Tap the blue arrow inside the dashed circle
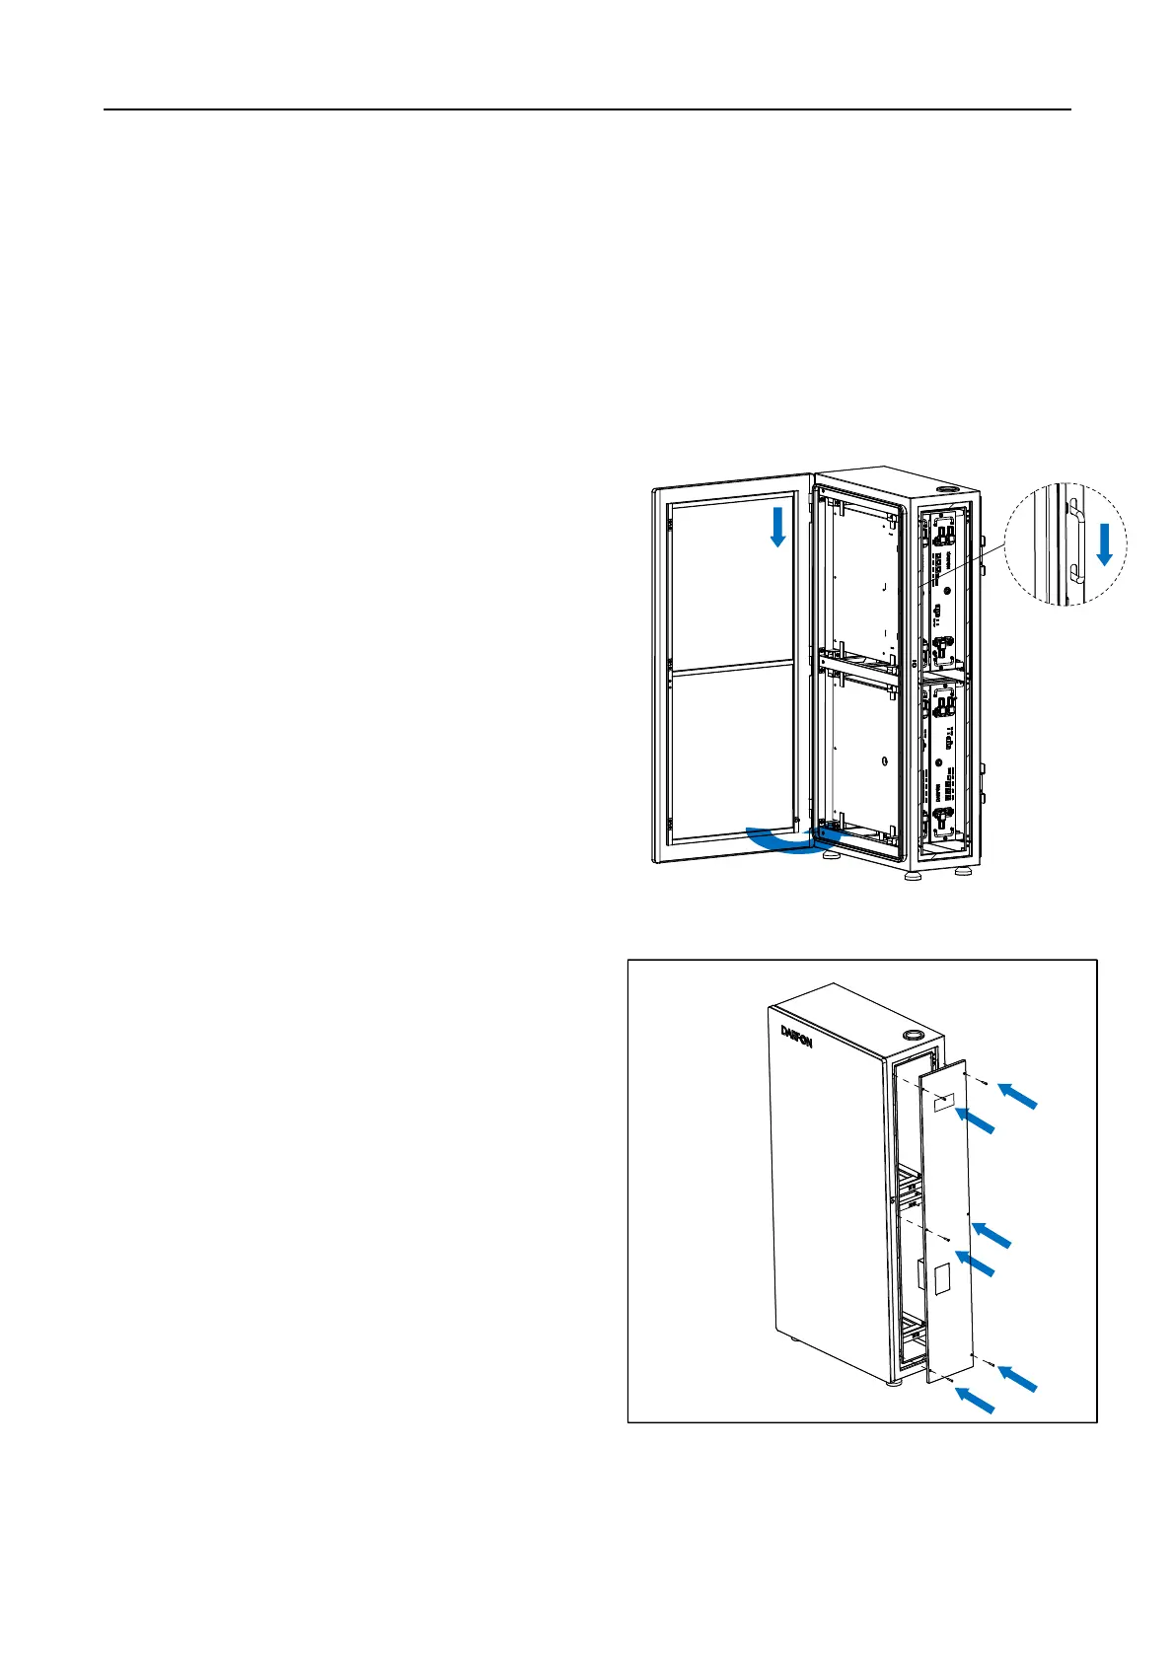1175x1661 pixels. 1105,544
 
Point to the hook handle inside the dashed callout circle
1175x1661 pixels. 1076,542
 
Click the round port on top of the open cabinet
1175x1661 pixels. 949,488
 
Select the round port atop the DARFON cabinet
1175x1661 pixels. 913,1036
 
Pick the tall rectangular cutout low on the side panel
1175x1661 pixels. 940,1279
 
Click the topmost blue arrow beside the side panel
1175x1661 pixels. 1017,1096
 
